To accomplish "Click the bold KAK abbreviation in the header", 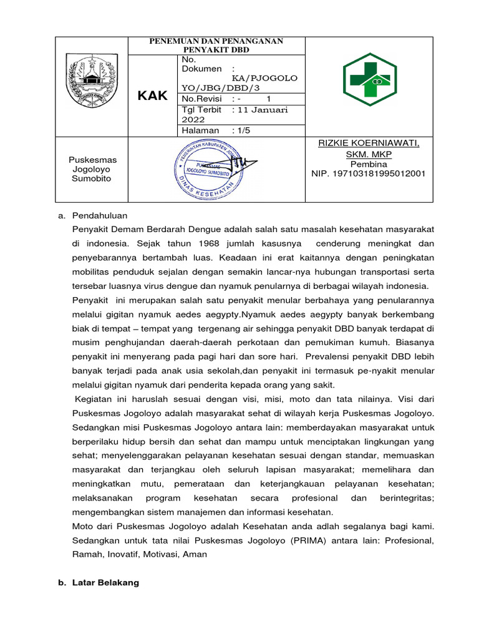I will [x=153, y=95].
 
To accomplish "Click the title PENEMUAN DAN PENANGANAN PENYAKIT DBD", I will [x=216, y=46].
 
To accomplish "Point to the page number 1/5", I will [x=243, y=130].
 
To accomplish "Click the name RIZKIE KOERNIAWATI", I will [x=369, y=144].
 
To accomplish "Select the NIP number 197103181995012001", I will [x=369, y=173].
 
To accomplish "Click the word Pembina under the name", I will [x=369, y=164].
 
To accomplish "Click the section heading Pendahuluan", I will [x=100, y=215].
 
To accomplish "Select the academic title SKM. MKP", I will [x=369, y=154].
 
